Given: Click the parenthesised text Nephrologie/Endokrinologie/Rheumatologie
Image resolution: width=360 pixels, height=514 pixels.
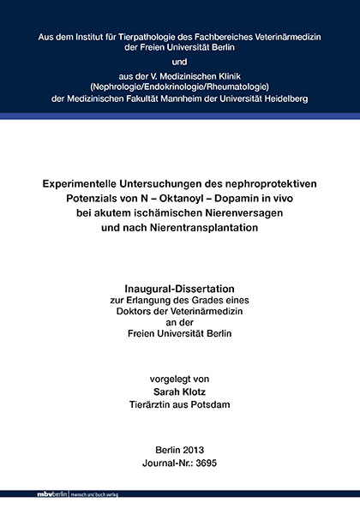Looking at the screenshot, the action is point(180,86).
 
